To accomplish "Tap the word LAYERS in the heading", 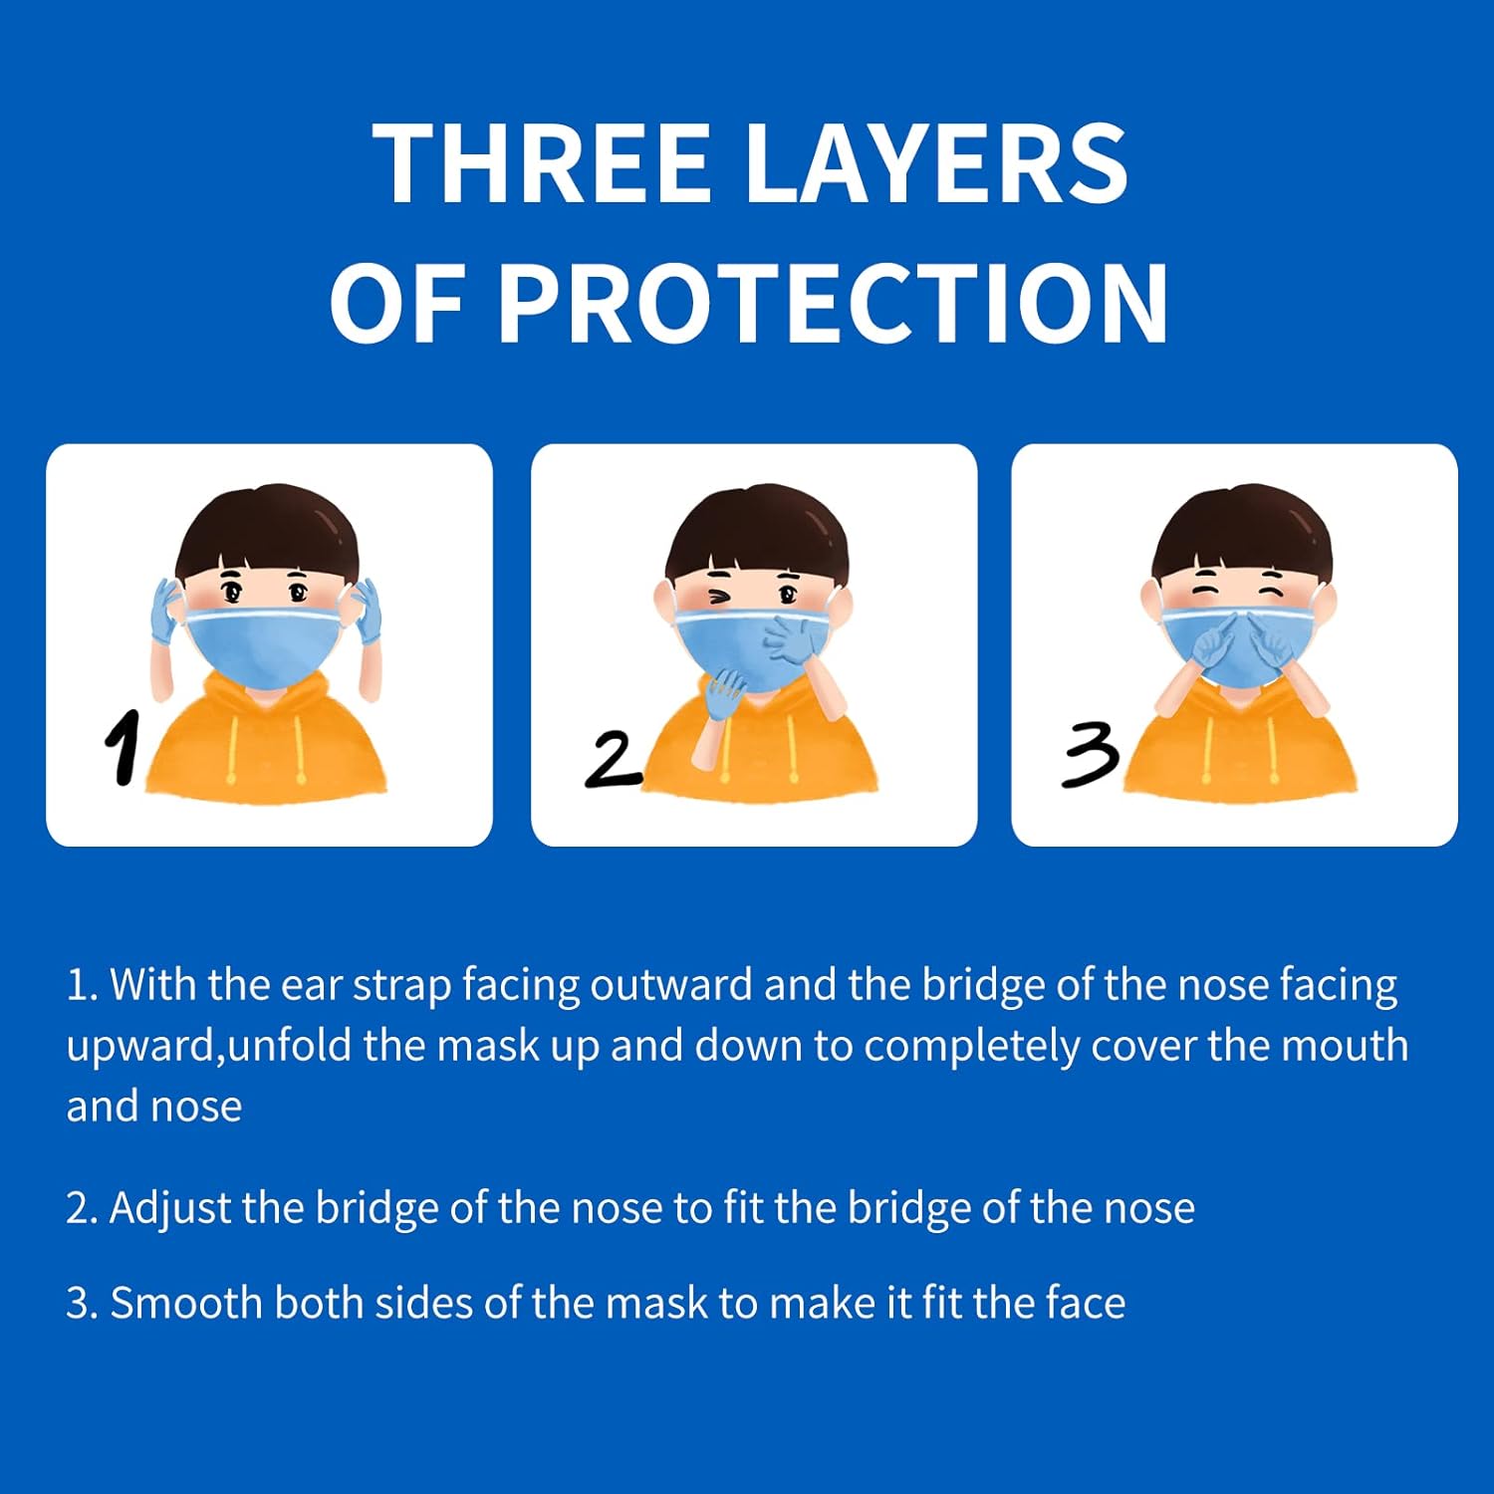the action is [937, 163].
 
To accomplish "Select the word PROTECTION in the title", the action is [834, 303].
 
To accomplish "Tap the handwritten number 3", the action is [1091, 755].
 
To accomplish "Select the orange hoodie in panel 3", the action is [1240, 737].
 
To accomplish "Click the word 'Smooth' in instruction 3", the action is [186, 1303].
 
